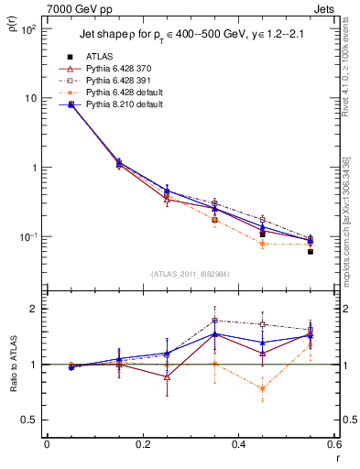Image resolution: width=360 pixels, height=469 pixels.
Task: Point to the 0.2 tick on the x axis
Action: pyautogui.click(x=142, y=445)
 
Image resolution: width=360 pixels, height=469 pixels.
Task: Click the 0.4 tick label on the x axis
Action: pyautogui.click(x=238, y=445)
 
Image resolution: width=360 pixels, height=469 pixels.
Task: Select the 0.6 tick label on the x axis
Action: pyautogui.click(x=333, y=445)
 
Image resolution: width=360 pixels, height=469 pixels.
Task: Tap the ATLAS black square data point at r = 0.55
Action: pyautogui.click(x=311, y=251)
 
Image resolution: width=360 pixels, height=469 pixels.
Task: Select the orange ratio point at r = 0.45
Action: pyautogui.click(x=262, y=388)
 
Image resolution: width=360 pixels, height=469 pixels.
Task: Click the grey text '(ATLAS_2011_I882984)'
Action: pyautogui.click(x=190, y=273)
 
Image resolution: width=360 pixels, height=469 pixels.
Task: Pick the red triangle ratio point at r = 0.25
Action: pyautogui.click(x=167, y=376)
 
